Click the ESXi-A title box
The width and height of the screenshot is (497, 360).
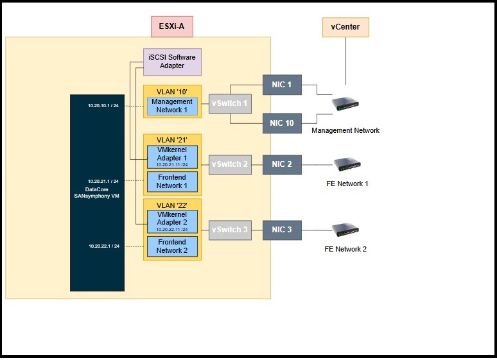171,26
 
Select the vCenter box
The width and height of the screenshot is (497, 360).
345,27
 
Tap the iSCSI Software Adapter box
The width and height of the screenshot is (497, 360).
171,62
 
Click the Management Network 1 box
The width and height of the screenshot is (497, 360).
171,106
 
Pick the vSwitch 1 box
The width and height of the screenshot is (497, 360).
229,102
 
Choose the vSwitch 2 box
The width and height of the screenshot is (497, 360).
229,164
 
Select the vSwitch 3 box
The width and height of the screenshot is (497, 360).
229,229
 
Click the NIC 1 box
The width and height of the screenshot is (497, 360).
282,84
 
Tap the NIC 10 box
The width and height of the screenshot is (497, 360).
282,123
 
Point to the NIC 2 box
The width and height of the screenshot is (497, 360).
282,164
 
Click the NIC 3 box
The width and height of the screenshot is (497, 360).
282,229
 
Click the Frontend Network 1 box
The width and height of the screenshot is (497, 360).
171,181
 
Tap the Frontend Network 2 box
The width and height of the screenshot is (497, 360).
171,246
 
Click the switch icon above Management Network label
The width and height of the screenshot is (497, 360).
345,104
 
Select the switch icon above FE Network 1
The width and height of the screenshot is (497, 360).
345,164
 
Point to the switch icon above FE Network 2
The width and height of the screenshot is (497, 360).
345,229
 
